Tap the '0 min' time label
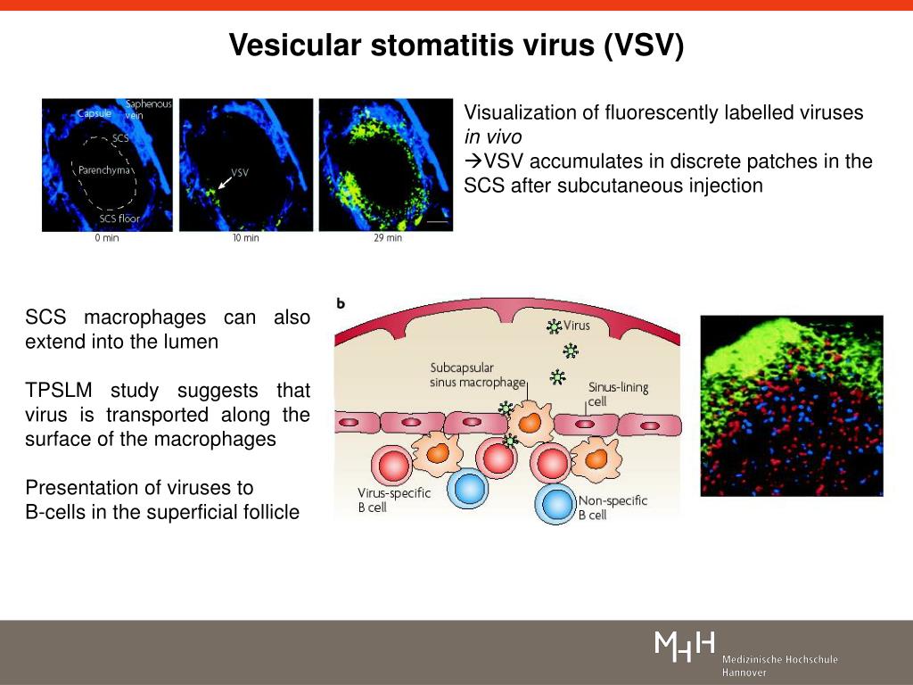107,237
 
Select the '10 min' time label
246,237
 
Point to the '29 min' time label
388,237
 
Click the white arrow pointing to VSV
224,182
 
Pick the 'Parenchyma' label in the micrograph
104,170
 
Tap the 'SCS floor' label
119,219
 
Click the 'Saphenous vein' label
149,109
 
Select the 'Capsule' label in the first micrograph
95,113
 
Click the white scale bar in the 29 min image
438,221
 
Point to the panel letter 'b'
341,303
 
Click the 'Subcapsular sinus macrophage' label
478,375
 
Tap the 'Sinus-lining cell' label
618,393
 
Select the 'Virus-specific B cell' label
393,499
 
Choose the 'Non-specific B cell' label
613,508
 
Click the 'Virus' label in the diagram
577,325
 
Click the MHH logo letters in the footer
685,647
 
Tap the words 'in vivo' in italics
492,136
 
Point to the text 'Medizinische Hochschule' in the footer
779,659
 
